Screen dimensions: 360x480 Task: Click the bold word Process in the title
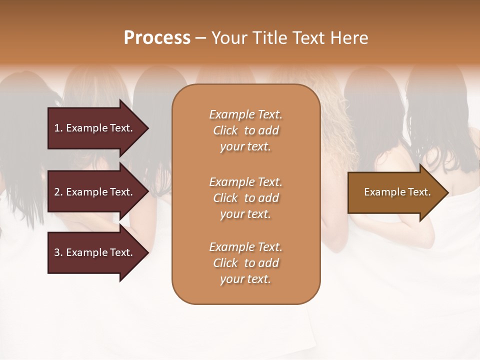(x=157, y=38)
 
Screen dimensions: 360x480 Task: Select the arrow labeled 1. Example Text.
(x=95, y=128)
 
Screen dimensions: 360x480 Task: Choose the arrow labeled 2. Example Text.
(x=95, y=192)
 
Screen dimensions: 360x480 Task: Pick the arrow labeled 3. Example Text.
(x=95, y=252)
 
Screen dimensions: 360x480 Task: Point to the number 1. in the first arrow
(x=58, y=128)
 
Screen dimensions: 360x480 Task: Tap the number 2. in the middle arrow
(x=58, y=192)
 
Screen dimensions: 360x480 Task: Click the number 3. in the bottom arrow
(x=58, y=252)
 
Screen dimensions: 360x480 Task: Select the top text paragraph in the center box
(x=245, y=130)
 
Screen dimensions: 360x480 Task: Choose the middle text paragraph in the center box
(x=245, y=198)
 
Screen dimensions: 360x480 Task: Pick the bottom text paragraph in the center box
(x=245, y=263)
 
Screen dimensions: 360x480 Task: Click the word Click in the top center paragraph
(x=225, y=131)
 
